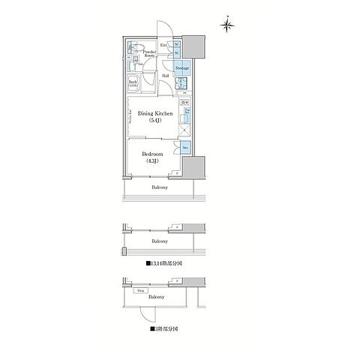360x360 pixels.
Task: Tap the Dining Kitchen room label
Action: click(154, 116)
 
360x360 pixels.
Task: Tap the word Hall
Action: click(165, 76)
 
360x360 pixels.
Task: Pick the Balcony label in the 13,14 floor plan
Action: click(159, 241)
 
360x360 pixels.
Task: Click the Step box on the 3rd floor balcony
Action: click(140, 288)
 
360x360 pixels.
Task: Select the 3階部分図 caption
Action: click(164, 328)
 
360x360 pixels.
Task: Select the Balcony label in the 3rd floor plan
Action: click(155, 297)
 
